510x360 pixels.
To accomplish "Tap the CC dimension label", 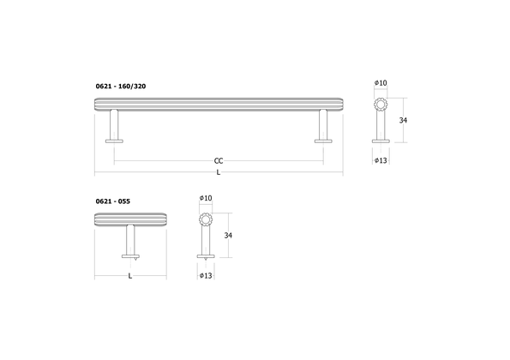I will (x=219, y=160).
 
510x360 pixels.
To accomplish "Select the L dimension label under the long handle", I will (x=219, y=173).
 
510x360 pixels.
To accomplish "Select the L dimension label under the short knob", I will (x=129, y=275).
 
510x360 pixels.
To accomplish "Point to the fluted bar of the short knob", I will (x=129, y=219).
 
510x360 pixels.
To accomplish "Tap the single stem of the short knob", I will (x=129, y=241).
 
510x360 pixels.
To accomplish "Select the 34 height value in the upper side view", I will (x=403, y=121).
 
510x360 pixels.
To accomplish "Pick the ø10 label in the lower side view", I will (x=205, y=198).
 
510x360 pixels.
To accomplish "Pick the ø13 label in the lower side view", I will (x=205, y=275).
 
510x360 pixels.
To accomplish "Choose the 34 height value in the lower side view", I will (x=228, y=235).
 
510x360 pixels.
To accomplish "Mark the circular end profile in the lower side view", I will (x=205, y=219).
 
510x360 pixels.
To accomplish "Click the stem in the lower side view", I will (x=205, y=242).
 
